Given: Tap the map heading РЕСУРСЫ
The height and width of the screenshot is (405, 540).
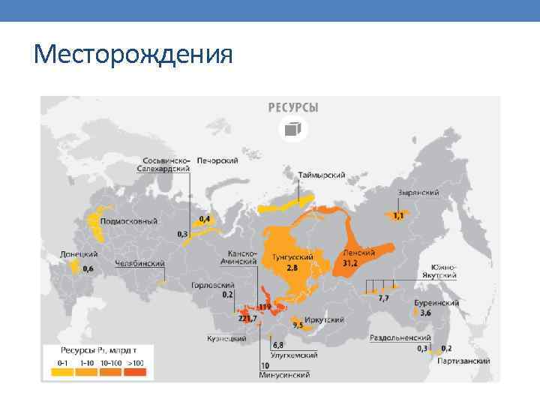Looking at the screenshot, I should click(293, 107).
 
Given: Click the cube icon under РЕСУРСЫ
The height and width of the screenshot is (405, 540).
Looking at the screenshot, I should click(291, 129).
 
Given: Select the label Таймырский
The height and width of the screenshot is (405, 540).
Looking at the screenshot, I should click(321, 175).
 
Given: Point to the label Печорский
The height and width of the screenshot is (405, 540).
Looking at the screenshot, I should click(217, 160).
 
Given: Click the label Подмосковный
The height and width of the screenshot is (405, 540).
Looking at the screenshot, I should click(129, 221).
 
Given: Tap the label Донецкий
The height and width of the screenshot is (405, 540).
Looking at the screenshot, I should click(79, 255).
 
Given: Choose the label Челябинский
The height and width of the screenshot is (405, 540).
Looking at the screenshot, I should click(139, 264).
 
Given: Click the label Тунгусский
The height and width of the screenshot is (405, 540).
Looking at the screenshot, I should click(292, 256).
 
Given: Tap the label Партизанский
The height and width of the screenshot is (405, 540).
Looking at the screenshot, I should click(464, 361).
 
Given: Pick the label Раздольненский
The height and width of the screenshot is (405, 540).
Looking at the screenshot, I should click(400, 338).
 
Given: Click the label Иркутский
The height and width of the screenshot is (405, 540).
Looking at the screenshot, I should click(324, 319).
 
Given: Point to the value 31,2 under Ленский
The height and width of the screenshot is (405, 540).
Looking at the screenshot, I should click(351, 263).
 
